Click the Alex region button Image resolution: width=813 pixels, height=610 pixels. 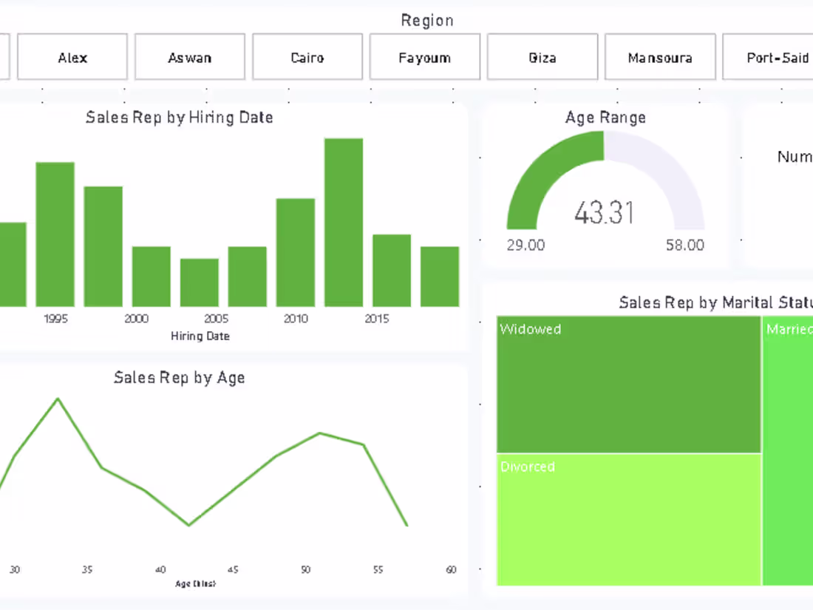[x=72, y=57]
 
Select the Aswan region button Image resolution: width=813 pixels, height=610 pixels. [x=190, y=57]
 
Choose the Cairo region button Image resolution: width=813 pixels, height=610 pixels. [x=307, y=57]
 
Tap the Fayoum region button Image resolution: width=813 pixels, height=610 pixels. [x=425, y=57]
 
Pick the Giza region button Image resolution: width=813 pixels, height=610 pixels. [x=542, y=57]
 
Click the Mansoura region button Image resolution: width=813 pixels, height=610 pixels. [x=660, y=57]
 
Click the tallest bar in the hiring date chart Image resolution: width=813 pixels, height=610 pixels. [x=344, y=222]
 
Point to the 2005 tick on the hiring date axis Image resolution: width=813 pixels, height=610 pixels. [x=216, y=319]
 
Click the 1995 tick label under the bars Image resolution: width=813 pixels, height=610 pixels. [x=55, y=319]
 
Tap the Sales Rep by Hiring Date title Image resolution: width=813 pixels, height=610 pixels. [x=180, y=117]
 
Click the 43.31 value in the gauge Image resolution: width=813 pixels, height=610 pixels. [x=605, y=213]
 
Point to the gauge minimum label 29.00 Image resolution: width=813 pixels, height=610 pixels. [x=525, y=245]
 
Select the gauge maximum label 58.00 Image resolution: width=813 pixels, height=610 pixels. [x=685, y=245]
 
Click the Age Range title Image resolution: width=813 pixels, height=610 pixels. [x=605, y=117]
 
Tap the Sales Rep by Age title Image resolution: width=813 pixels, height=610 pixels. [x=180, y=377]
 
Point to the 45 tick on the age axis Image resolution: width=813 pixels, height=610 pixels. [x=233, y=569]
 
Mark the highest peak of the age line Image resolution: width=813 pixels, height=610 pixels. [x=58, y=399]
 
